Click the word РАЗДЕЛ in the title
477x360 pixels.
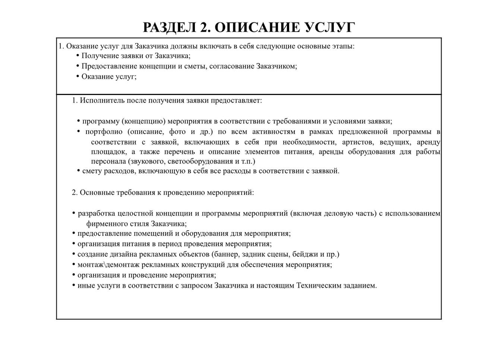[x=169, y=28]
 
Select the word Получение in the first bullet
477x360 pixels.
[x=98, y=56]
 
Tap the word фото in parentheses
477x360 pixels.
[x=177, y=132]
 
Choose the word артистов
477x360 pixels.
[x=358, y=142]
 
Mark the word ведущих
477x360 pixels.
[x=395, y=142]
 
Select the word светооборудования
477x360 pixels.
[x=200, y=162]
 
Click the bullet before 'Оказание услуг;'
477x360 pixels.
[x=78, y=76]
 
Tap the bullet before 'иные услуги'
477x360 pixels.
[x=74, y=285]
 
